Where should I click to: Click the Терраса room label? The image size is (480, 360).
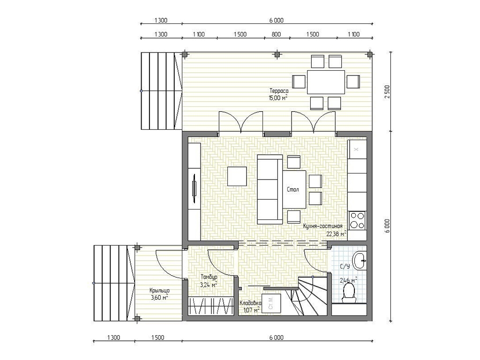[x=278, y=91]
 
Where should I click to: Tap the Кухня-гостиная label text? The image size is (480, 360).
[x=322, y=226]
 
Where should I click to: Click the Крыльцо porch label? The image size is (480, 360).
[x=159, y=291]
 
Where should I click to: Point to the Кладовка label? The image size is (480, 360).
[x=250, y=303]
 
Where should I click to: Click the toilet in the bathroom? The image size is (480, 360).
[x=349, y=292]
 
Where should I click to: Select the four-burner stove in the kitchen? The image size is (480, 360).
[x=357, y=220]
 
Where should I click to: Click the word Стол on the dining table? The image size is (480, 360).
[x=292, y=189]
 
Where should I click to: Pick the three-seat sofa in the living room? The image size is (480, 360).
[x=270, y=189]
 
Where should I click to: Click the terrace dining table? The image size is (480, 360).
[x=326, y=82]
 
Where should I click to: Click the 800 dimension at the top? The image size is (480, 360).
[x=276, y=34]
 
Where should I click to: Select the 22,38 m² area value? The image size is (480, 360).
[x=336, y=234]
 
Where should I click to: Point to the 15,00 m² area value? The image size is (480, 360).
[x=278, y=98]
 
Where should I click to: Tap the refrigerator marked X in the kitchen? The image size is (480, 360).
[x=357, y=150]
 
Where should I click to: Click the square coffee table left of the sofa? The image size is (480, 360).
[x=237, y=176]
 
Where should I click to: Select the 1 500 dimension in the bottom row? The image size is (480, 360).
[x=157, y=337]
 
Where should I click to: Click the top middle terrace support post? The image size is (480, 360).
[x=277, y=54]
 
